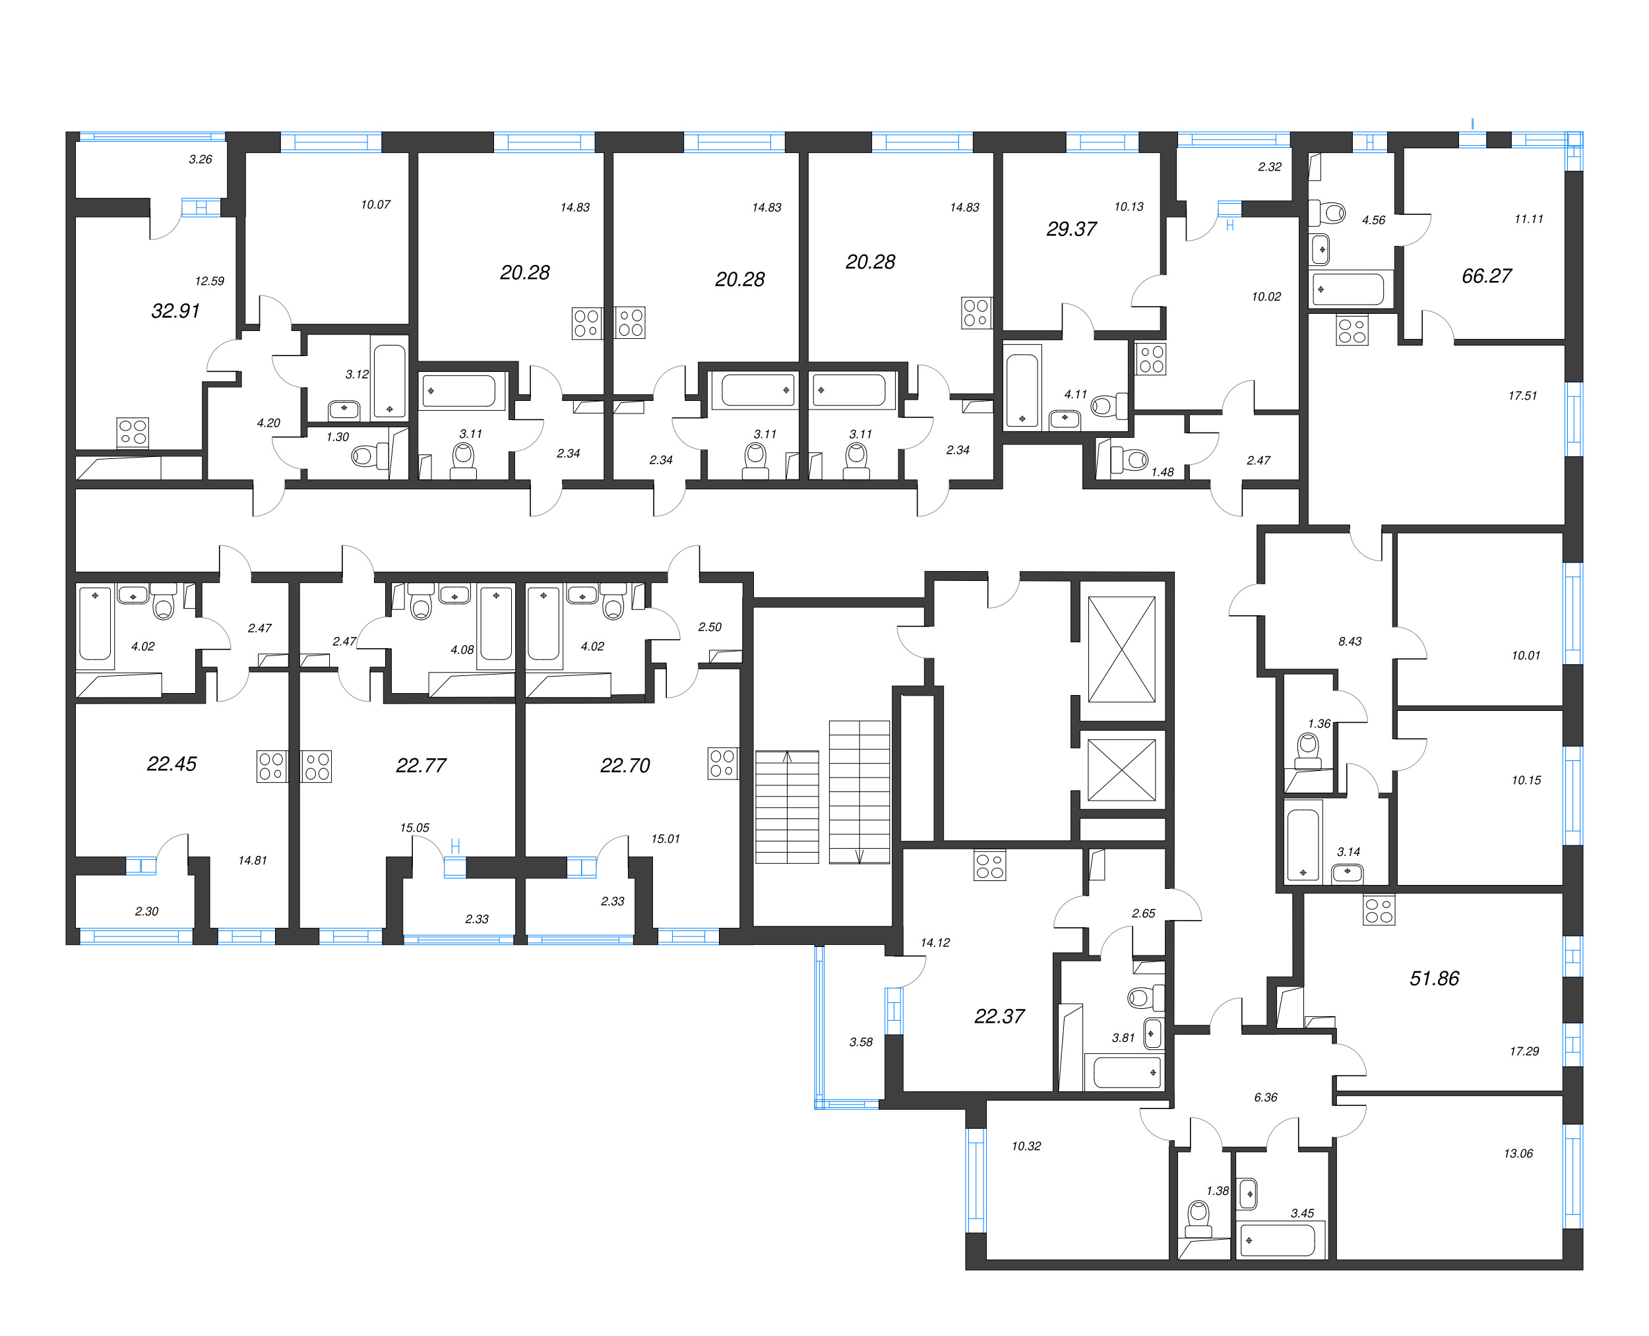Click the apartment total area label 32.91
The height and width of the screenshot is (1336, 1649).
175,311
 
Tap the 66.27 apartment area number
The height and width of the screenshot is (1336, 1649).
1486,276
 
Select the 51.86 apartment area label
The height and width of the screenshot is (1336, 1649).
1433,978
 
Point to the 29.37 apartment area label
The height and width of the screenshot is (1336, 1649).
1071,229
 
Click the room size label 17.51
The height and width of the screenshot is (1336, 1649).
1522,396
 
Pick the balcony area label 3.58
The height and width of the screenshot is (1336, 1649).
861,1042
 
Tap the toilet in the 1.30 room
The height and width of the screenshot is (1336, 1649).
363,456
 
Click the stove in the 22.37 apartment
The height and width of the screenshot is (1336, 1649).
989,865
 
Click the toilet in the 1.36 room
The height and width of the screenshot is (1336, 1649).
1307,749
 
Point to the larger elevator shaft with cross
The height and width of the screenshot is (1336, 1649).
1122,650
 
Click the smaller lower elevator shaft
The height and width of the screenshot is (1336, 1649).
1122,770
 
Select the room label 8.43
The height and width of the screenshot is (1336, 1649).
1350,641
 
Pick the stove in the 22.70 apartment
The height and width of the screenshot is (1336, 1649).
722,764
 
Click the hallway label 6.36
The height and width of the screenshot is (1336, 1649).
1265,1097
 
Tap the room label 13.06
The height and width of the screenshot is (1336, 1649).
1518,1153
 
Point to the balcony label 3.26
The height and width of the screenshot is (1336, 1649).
200,160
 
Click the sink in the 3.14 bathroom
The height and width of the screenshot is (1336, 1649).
1346,872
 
